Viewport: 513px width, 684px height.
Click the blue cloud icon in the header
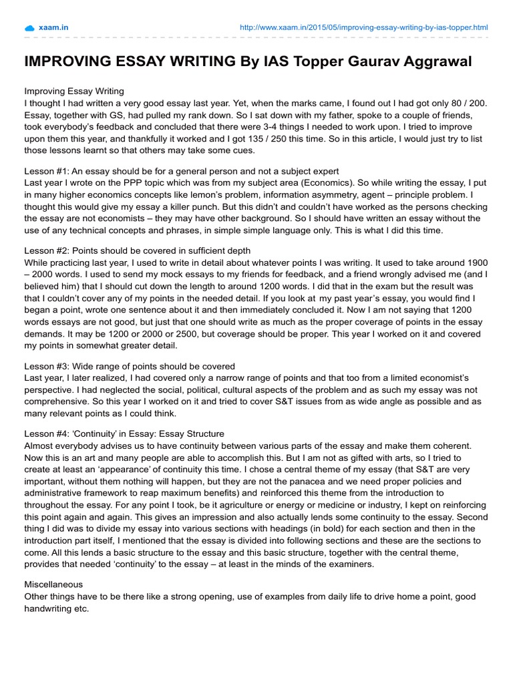29,27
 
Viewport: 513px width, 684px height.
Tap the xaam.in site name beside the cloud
54,27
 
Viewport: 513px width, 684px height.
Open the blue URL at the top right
363,27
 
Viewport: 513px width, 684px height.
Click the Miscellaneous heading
54,584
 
